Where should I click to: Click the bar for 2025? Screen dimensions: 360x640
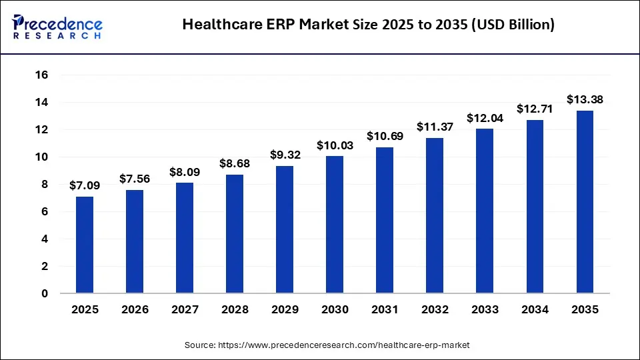click(85, 245)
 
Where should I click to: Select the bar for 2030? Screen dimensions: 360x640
click(335, 225)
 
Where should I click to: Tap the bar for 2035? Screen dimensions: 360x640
click(585, 202)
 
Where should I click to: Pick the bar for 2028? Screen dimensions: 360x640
click(235, 234)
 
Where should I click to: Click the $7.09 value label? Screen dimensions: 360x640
click(85, 186)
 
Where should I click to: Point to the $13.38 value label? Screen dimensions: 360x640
click(585, 99)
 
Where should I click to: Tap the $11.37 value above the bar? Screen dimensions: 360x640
click(435, 127)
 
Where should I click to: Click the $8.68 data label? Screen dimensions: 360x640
click(235, 163)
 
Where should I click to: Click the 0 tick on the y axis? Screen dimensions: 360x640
click(45, 293)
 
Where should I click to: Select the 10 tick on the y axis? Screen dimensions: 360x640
click(41, 157)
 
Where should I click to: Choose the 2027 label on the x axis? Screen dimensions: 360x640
click(185, 310)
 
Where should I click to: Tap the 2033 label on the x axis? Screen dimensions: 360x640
click(485, 310)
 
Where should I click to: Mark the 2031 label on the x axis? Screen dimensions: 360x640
click(385, 310)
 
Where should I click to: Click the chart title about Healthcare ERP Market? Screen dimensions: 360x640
click(368, 25)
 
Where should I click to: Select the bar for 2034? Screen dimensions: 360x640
click(535, 207)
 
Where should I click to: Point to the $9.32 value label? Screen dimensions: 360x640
click(285, 155)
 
